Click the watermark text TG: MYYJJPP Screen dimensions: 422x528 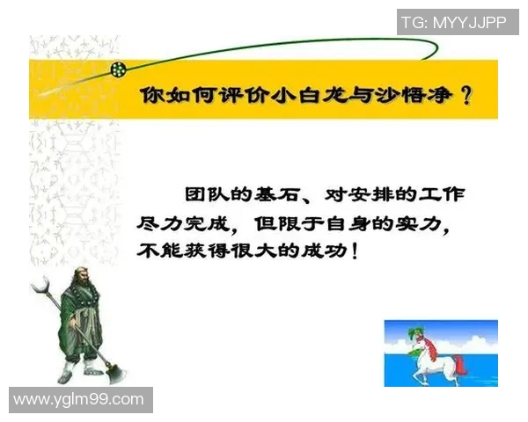(454, 23)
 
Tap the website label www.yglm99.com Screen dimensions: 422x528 (79, 400)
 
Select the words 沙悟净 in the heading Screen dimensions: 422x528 (408, 96)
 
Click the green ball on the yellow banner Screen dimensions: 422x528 (117, 68)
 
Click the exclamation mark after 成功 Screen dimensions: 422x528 (354, 251)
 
